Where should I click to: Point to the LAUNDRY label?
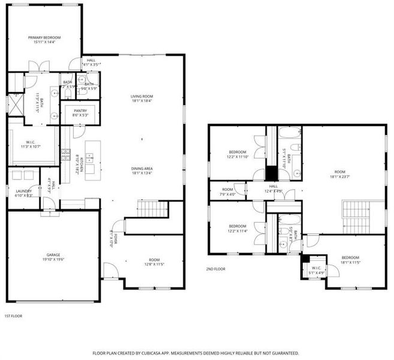point(24,191)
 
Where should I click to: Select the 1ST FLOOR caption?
point(13,316)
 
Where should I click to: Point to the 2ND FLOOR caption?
point(215,269)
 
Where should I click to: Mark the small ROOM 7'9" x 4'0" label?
point(228,189)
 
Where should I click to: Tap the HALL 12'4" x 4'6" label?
point(273,187)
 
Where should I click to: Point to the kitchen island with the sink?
point(92,160)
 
